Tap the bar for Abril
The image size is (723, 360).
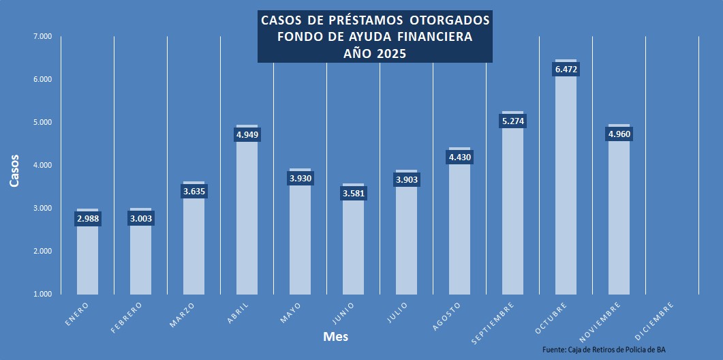[247, 218]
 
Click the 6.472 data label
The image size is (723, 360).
[566, 70]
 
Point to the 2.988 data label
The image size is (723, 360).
[87, 219]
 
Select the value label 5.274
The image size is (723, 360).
[512, 121]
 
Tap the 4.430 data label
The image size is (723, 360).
[459, 157]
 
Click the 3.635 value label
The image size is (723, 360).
[194, 192]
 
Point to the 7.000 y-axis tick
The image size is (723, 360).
[42, 36]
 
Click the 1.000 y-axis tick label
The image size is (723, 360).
[42, 294]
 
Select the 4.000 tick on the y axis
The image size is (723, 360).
[42, 165]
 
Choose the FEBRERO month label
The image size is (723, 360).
[127, 317]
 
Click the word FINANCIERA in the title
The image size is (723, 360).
[434, 37]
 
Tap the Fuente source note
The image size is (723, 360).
[603, 349]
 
